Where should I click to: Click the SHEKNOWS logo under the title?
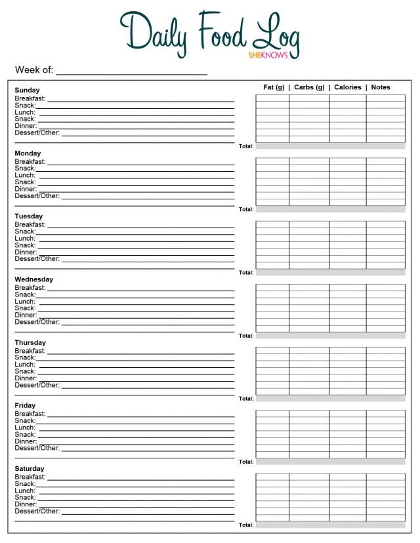click(x=268, y=55)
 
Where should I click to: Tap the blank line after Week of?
click(x=131, y=71)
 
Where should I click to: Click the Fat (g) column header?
click(x=274, y=87)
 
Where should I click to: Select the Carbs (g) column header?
click(x=309, y=87)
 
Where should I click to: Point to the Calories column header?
click(x=348, y=87)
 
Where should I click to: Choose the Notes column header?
click(x=381, y=87)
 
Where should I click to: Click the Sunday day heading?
click(x=27, y=90)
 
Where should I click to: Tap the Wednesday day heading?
click(x=34, y=279)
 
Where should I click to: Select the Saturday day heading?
click(x=30, y=469)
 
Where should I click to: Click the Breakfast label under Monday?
click(x=30, y=161)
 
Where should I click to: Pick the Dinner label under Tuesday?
click(x=26, y=252)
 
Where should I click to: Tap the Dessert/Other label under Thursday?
click(x=37, y=385)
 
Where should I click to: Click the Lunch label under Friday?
click(x=25, y=428)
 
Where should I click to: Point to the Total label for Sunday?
click(x=246, y=146)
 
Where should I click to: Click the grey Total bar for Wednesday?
click(x=330, y=335)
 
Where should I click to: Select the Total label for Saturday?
click(x=246, y=525)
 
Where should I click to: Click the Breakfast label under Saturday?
click(x=30, y=477)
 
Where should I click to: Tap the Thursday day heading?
click(x=30, y=342)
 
